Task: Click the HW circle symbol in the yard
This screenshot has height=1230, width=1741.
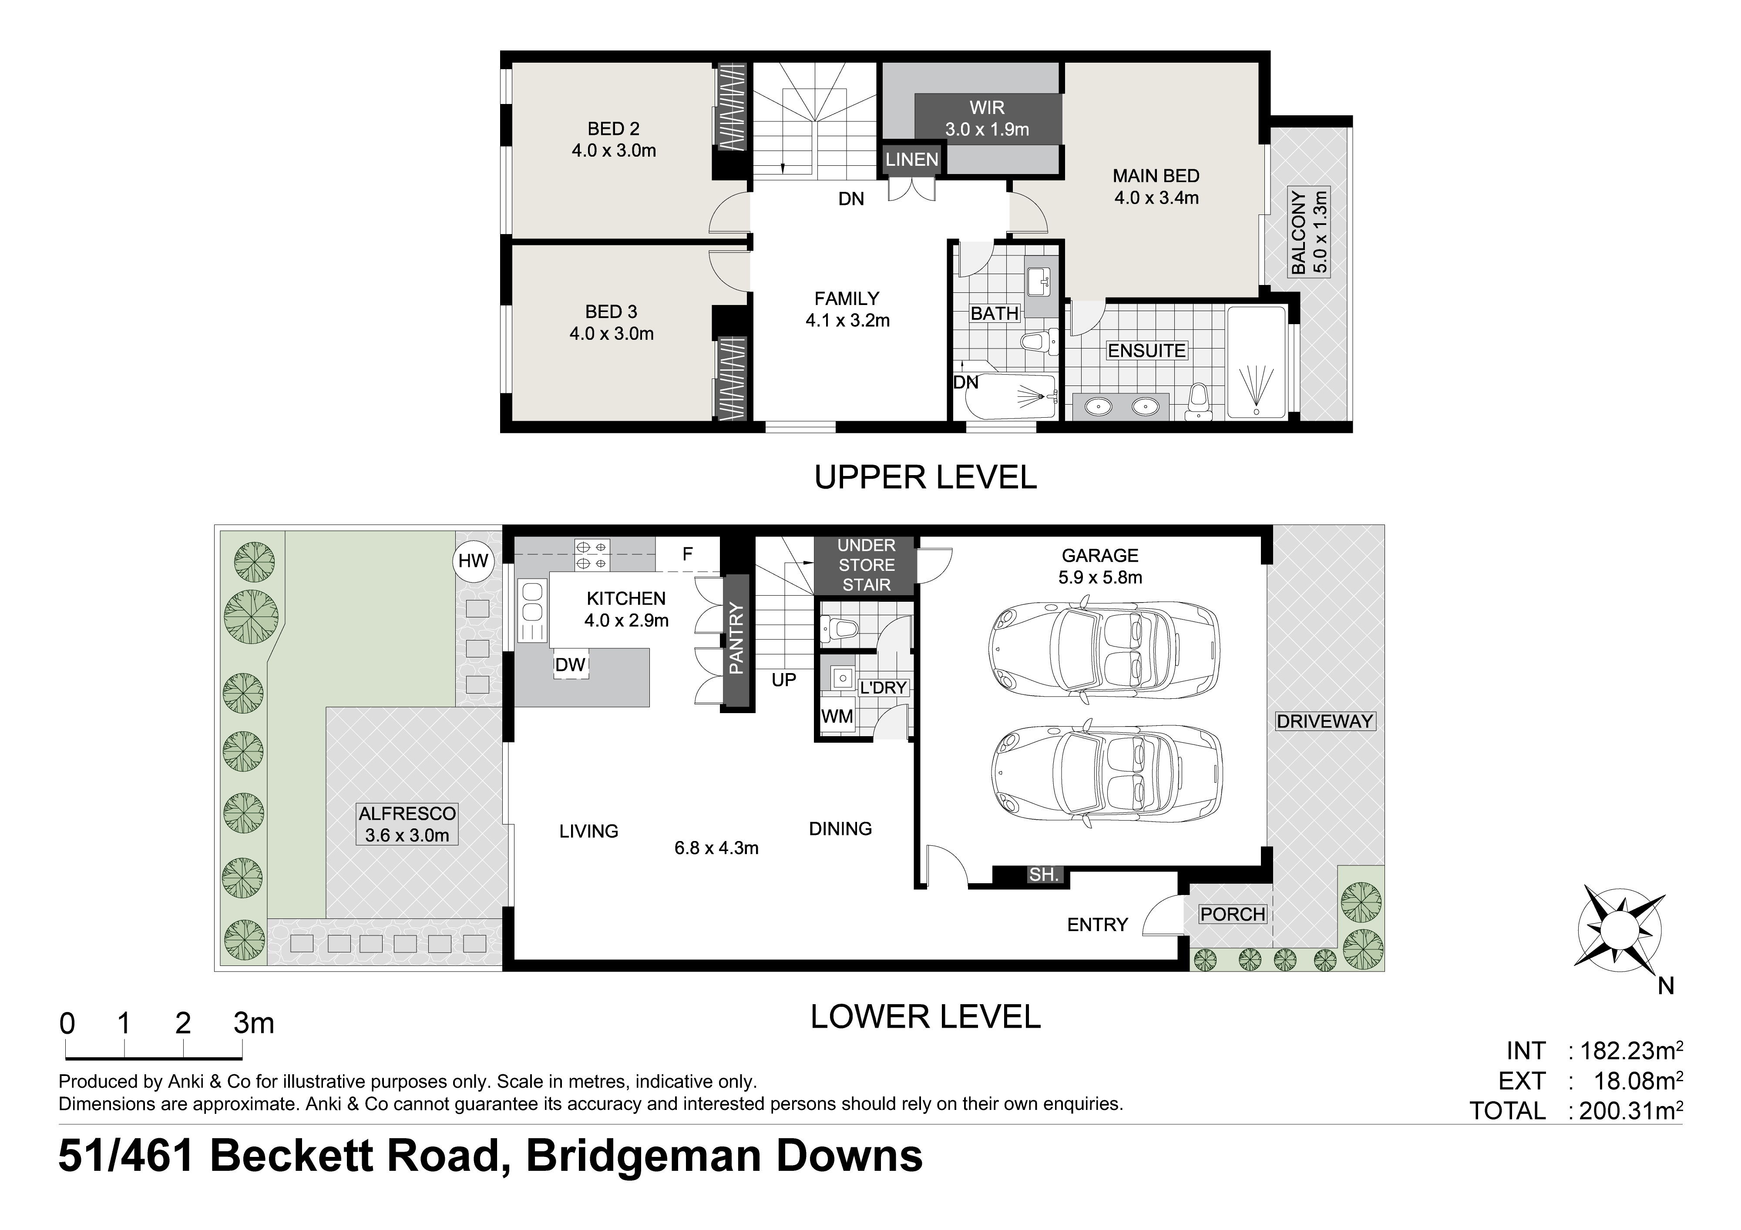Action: pos(473,562)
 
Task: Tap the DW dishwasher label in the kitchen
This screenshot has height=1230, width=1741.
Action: pos(570,665)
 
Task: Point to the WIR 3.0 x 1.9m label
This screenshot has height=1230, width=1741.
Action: pos(987,118)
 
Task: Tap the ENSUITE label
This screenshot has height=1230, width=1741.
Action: pos(1146,351)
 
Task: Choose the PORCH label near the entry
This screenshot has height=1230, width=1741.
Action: pos(1232,915)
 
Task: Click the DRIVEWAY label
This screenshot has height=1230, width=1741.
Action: pos(1325,721)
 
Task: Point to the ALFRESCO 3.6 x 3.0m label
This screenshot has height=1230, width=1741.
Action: pos(407,824)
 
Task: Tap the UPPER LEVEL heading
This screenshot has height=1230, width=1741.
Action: pos(925,477)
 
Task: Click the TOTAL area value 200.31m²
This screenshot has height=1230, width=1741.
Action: pos(1631,1111)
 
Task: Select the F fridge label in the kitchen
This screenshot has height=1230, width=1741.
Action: pos(687,554)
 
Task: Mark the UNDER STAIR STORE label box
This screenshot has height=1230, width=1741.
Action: pos(866,565)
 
